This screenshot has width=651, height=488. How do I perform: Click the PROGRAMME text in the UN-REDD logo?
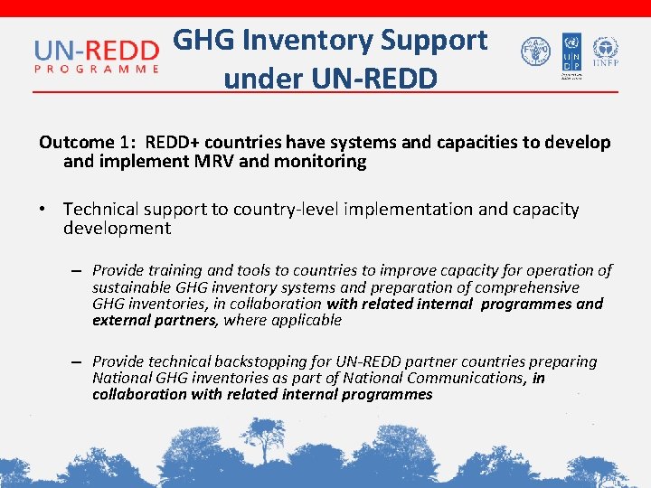click(97, 67)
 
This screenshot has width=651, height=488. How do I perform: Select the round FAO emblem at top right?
click(535, 52)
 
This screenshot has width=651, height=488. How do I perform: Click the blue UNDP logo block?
click(571, 53)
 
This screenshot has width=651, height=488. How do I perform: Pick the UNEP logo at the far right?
click(604, 52)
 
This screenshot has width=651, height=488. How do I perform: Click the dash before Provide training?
click(78, 271)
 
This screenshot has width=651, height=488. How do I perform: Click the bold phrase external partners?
click(155, 320)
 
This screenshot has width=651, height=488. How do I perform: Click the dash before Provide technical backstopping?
click(78, 362)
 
